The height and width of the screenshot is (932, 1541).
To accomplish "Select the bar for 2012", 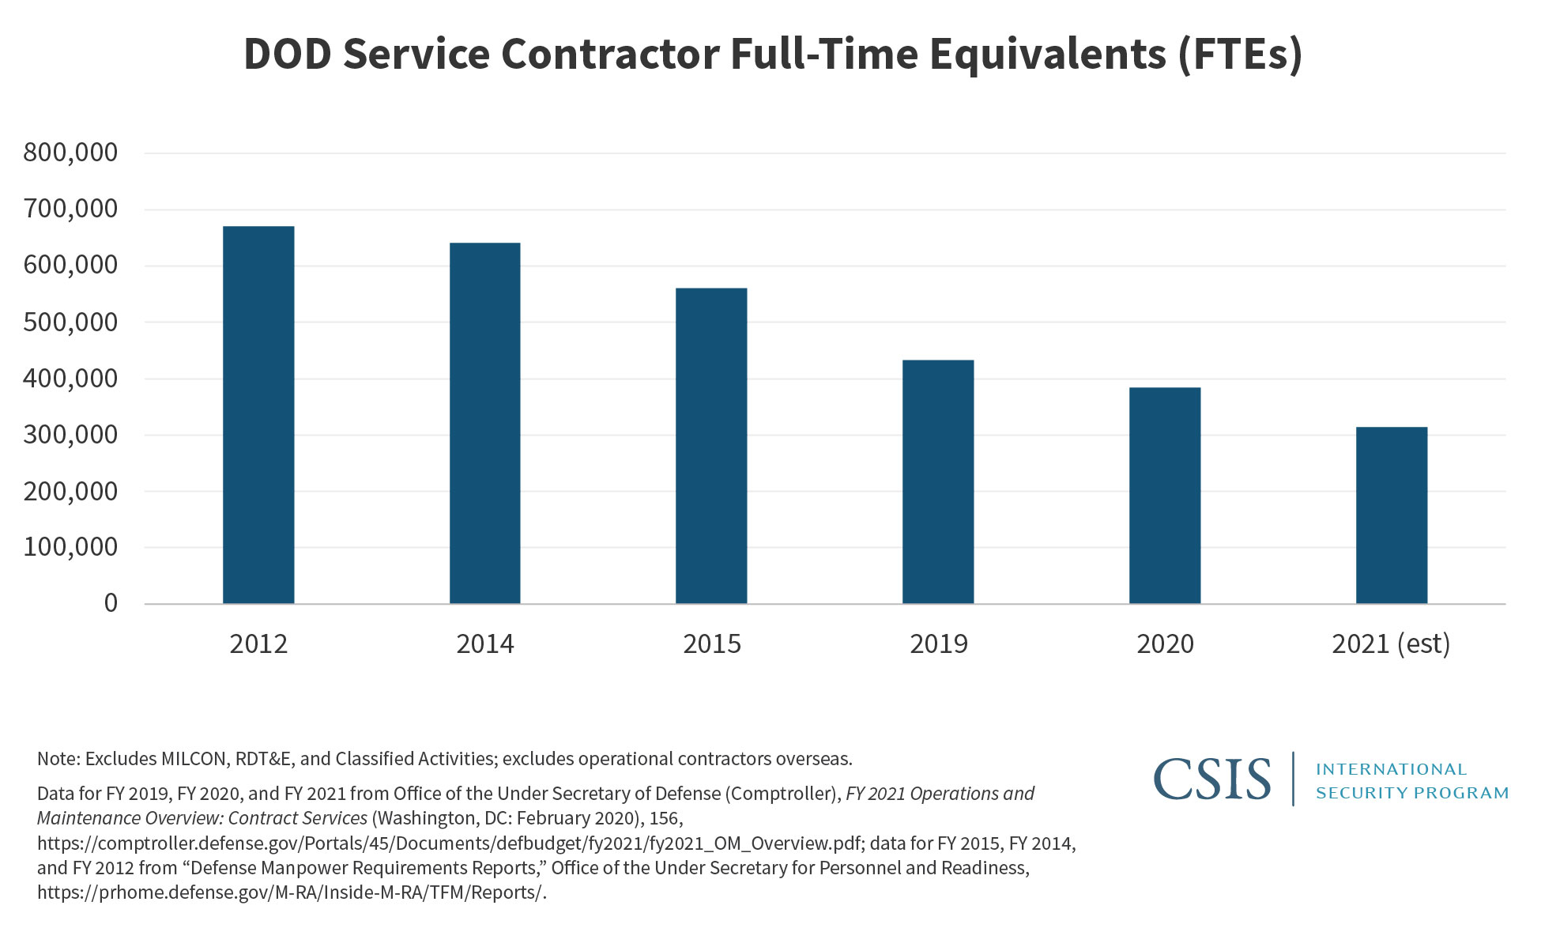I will point(258,415).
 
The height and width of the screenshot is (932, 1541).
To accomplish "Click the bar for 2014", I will point(484,423).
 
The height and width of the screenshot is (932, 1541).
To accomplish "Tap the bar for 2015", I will point(711,446).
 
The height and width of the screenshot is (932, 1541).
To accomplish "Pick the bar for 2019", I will point(938,482).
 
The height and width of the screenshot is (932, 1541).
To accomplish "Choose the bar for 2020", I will point(1165,496).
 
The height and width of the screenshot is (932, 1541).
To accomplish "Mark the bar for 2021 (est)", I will point(1392,515).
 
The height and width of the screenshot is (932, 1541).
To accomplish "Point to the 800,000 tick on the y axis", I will point(70,153).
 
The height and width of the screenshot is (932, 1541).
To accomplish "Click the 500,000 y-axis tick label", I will point(70,323).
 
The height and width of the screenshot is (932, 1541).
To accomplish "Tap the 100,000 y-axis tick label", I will point(70,547).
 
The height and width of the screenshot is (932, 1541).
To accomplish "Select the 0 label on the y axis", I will point(111,604).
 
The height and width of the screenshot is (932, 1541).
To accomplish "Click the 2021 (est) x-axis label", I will point(1391,644).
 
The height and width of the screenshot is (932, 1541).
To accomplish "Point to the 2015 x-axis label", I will point(711,644).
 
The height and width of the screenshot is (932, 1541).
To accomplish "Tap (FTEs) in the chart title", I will point(1239,54).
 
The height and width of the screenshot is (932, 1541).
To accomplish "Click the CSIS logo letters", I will point(1212,779).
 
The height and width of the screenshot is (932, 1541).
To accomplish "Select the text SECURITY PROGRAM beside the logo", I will point(1412,793).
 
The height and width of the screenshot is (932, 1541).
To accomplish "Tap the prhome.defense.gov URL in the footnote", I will point(291,892).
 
